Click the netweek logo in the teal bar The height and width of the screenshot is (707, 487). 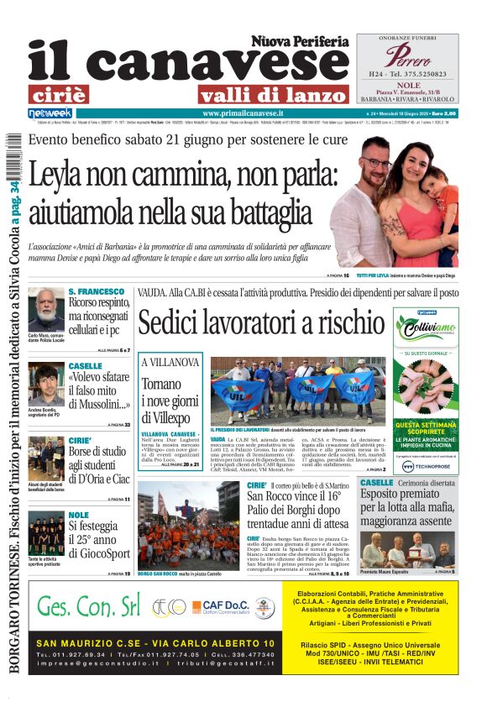point(51,113)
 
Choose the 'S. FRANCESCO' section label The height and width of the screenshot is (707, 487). point(96,291)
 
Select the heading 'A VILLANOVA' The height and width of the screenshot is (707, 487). point(170,363)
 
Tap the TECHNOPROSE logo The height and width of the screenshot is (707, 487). point(426,466)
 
